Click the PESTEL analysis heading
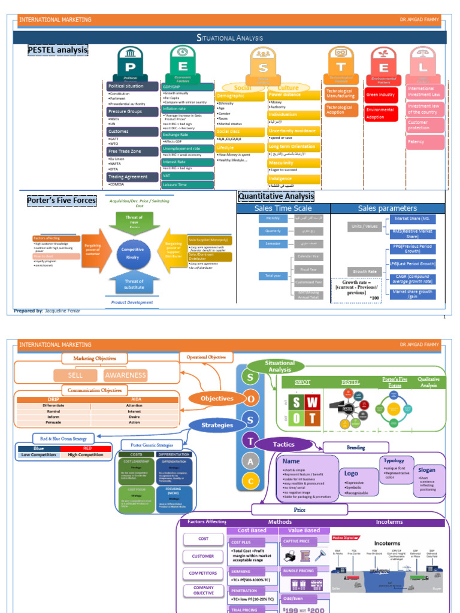[x=57, y=50]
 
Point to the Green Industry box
[x=380, y=95]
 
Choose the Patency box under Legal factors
[x=426, y=142]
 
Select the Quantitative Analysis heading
[x=276, y=196]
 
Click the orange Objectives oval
[x=217, y=399]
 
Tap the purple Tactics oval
[x=284, y=445]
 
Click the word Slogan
[x=426, y=470]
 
